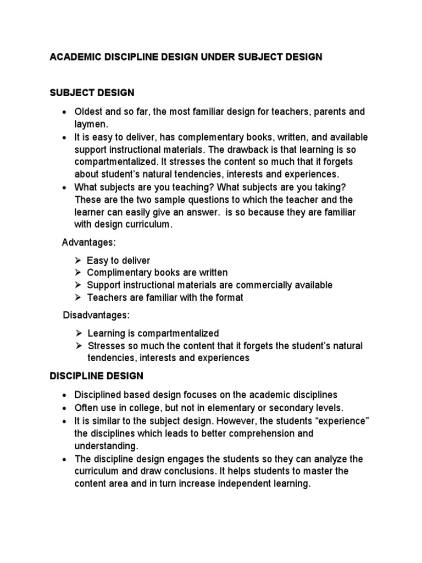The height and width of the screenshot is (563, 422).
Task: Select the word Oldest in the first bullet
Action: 88,112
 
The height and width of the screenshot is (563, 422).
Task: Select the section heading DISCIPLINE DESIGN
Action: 96,376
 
